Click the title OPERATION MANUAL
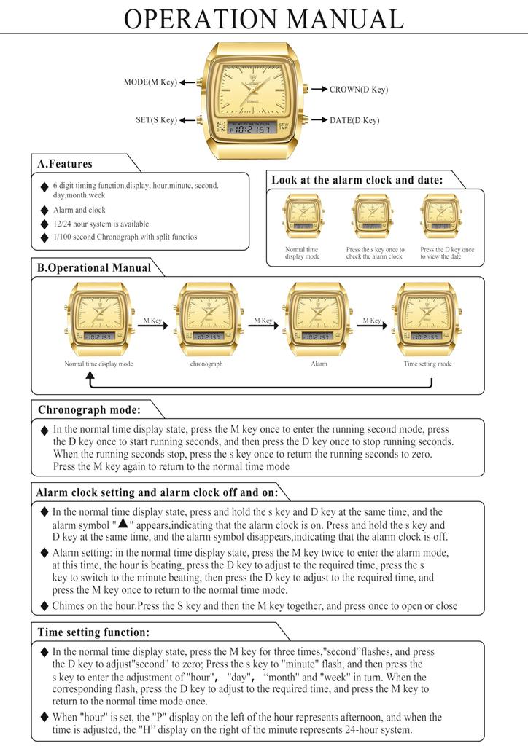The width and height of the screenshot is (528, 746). [x=263, y=19]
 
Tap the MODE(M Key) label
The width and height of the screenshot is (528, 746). [x=150, y=82]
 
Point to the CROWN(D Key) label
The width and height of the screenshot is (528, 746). [x=358, y=90]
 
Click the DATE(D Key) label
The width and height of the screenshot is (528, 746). [x=354, y=120]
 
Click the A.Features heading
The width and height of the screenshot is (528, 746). [x=65, y=164]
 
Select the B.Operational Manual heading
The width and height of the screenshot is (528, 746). [x=94, y=267]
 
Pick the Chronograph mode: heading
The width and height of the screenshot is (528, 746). [x=89, y=409]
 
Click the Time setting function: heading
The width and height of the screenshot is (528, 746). [x=93, y=632]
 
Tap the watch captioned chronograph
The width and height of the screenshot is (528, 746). [x=206, y=318]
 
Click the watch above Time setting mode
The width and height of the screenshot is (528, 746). [x=427, y=318]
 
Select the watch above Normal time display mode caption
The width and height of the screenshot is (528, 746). [x=98, y=318]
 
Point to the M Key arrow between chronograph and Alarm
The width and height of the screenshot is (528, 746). [x=263, y=325]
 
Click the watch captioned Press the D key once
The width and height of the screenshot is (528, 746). [x=440, y=216]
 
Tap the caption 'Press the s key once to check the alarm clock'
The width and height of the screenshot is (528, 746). [x=374, y=253]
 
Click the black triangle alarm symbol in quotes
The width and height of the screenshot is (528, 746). [x=123, y=523]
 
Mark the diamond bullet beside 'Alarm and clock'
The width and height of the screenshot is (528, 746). [x=45, y=211]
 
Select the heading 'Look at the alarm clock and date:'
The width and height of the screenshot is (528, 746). [x=357, y=180]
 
